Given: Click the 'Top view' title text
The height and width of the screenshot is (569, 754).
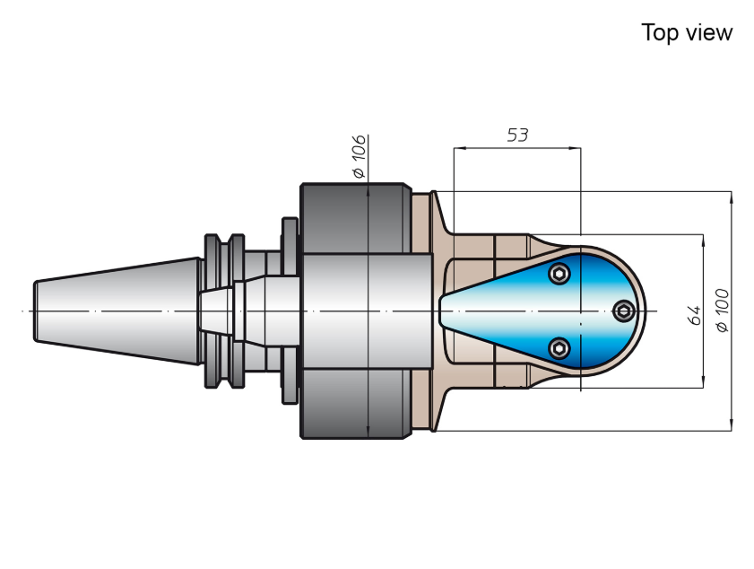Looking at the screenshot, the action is click(x=687, y=32).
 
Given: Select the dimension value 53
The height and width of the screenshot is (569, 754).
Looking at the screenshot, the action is click(x=517, y=136).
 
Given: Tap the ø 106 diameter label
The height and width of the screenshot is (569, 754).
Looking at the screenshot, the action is click(x=360, y=156).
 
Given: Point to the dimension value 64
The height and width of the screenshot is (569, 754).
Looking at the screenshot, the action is click(x=694, y=315).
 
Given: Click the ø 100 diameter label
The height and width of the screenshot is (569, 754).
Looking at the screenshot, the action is click(x=723, y=311).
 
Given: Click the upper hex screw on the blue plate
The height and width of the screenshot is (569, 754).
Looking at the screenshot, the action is click(x=559, y=274).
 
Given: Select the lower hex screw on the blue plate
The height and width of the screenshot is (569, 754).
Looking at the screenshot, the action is click(x=559, y=348).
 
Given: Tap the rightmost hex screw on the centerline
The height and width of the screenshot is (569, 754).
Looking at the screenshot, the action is click(x=624, y=311).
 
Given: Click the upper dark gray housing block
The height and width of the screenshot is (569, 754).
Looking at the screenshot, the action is click(x=356, y=218).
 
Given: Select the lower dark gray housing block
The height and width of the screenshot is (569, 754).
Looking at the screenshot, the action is click(x=356, y=404).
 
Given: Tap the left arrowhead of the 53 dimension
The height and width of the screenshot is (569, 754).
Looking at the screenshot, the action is click(x=460, y=148).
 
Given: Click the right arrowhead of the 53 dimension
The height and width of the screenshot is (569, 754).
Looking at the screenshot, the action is click(x=575, y=148).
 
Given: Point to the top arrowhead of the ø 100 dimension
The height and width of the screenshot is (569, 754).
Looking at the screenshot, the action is click(x=732, y=197).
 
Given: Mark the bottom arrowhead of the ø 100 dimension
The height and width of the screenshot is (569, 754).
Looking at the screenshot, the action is click(x=732, y=425).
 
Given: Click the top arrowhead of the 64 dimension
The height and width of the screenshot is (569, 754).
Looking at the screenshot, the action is click(x=704, y=241).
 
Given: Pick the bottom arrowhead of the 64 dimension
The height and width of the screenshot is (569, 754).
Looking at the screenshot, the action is click(x=704, y=381).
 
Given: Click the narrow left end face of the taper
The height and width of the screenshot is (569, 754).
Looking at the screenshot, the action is click(x=35, y=311).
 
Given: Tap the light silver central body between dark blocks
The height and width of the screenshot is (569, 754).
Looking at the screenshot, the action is click(x=367, y=311).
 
